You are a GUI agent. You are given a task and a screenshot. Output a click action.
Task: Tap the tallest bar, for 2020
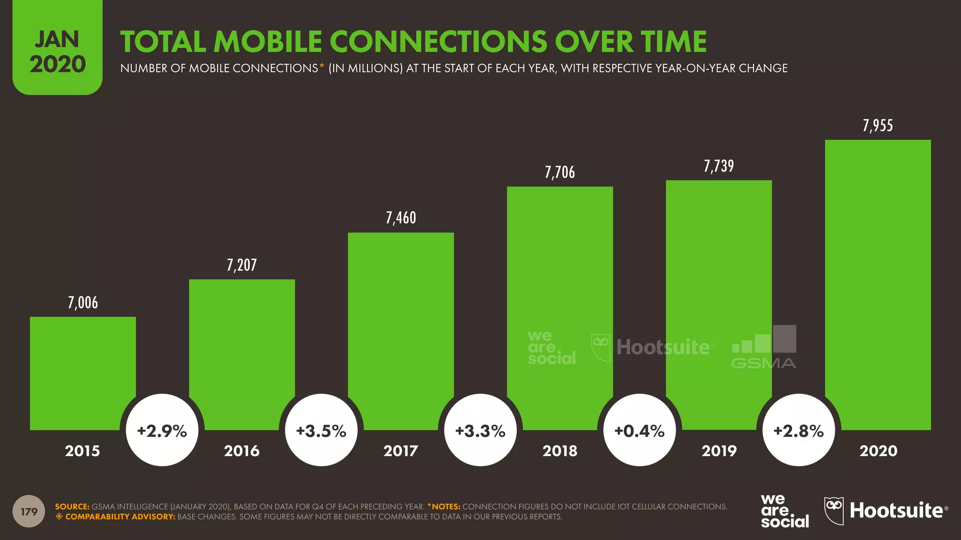(x=877, y=281)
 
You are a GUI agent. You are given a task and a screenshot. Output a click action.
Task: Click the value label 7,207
(x=242, y=265)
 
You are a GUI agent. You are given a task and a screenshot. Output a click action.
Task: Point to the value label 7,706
(x=560, y=172)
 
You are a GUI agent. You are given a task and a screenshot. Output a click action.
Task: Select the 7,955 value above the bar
(x=877, y=126)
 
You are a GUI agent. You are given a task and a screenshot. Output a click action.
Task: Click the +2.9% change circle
(x=162, y=430)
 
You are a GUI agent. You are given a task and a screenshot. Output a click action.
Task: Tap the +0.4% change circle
(x=640, y=430)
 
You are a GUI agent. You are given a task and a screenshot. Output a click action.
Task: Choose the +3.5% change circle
(x=321, y=430)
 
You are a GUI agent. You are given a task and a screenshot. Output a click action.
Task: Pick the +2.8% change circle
(x=799, y=430)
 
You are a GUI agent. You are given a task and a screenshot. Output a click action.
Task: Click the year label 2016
(x=242, y=451)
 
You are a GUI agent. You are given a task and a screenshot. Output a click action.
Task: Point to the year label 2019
(x=719, y=451)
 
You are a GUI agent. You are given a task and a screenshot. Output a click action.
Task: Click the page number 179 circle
(x=29, y=511)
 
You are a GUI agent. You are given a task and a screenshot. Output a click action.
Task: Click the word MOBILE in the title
(x=269, y=42)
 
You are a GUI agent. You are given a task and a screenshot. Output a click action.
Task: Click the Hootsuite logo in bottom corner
(x=886, y=510)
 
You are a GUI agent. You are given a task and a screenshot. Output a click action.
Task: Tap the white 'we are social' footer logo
(x=785, y=511)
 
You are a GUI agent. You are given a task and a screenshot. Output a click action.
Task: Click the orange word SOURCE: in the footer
(x=72, y=507)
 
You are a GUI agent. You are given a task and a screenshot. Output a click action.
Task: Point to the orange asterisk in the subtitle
(x=322, y=66)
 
